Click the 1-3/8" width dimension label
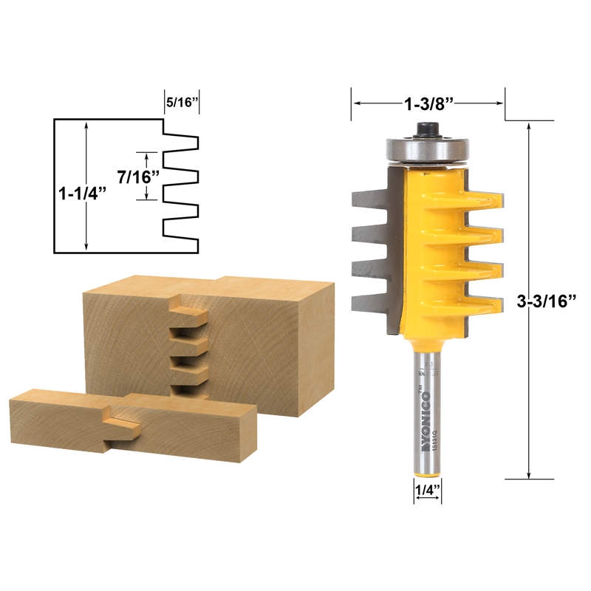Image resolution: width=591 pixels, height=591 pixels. pyautogui.click(x=428, y=104)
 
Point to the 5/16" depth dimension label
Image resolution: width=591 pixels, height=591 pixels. pyautogui.click(x=182, y=103)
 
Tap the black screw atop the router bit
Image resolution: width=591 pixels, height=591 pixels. pyautogui.click(x=427, y=128)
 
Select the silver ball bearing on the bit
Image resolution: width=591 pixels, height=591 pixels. pyautogui.click(x=427, y=148)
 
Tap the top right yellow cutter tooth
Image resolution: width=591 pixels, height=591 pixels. pyautogui.click(x=484, y=199)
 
